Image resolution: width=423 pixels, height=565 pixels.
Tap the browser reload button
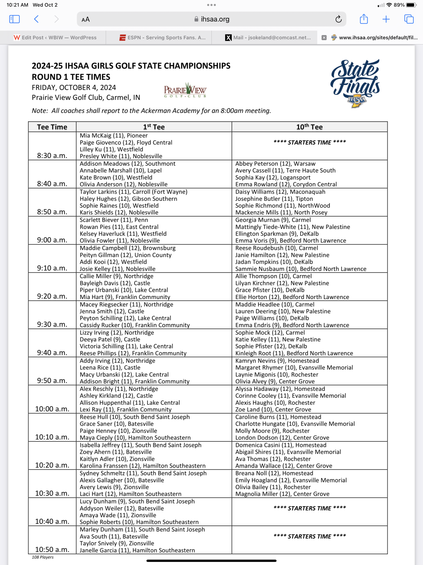(x=338, y=19)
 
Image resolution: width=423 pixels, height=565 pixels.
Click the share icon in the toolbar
(x=364, y=19)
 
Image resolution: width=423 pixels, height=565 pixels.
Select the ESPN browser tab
(x=163, y=38)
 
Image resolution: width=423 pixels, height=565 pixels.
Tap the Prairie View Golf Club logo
(x=185, y=90)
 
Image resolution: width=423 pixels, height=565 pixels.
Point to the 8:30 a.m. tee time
(x=52, y=156)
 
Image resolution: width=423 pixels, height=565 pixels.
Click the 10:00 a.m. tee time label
(x=52, y=409)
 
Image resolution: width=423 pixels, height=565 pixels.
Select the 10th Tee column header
(x=309, y=127)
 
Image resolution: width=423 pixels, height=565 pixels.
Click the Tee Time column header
(x=52, y=127)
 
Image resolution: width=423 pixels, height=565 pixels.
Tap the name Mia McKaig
(x=96, y=135)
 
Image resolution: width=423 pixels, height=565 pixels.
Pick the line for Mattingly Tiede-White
(x=292, y=227)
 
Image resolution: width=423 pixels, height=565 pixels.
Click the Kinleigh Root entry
(x=294, y=353)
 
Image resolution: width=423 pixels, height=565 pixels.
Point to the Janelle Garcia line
(x=137, y=550)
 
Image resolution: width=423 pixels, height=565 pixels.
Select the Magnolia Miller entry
(x=282, y=494)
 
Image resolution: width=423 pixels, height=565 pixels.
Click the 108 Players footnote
(x=43, y=557)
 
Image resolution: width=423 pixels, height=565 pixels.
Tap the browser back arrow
(x=36, y=19)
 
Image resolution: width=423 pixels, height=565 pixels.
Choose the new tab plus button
(x=386, y=19)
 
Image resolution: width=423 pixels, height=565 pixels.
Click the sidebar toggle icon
(x=14, y=19)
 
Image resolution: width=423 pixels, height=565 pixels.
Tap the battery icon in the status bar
(x=411, y=5)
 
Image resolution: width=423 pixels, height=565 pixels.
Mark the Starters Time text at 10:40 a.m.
(x=309, y=508)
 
